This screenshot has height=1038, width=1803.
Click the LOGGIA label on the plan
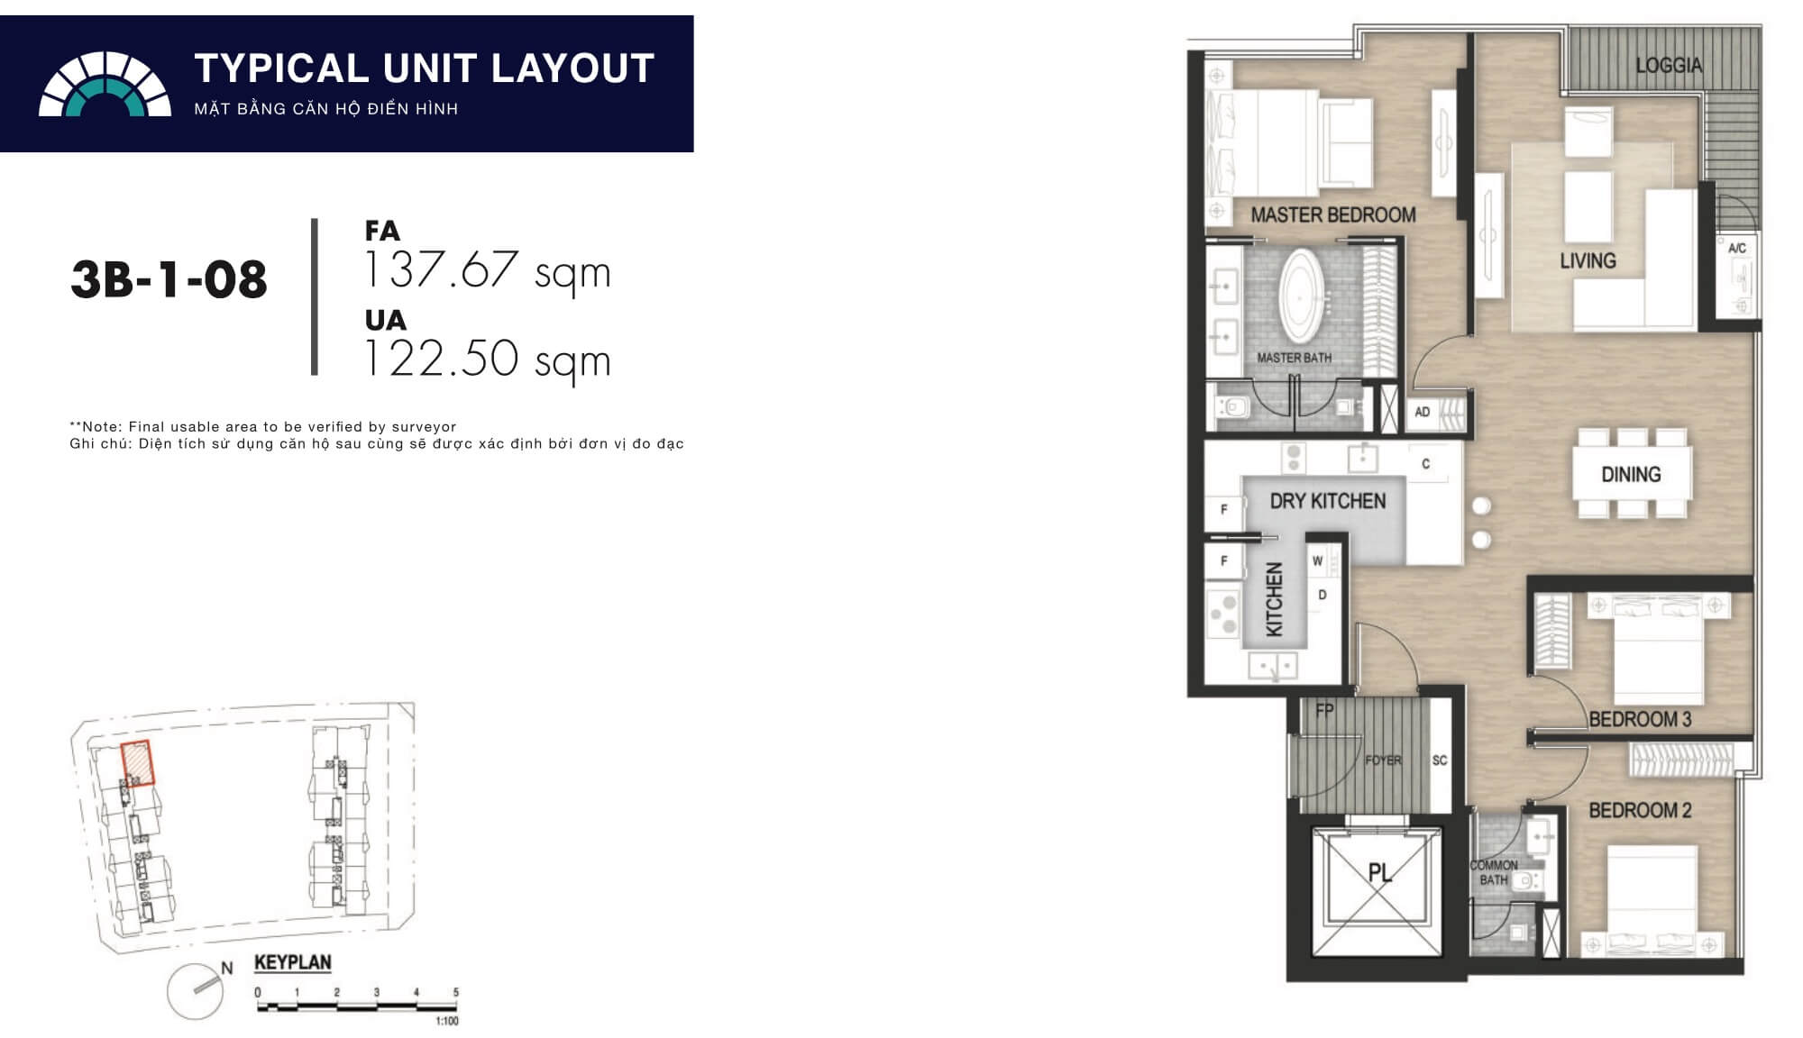tap(1668, 65)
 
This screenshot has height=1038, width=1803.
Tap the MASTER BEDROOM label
tap(1332, 214)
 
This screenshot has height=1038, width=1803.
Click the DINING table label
tap(1630, 474)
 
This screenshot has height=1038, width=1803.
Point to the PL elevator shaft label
tap(1379, 872)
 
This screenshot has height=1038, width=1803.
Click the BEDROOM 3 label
tap(1639, 719)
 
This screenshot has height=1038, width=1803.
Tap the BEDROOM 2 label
tap(1639, 810)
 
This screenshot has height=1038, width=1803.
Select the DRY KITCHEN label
tap(1327, 501)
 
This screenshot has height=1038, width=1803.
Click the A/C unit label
tap(1736, 248)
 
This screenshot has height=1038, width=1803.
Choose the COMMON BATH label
tap(1493, 872)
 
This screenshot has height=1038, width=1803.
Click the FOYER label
tap(1382, 760)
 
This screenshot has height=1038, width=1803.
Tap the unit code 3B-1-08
tap(169, 279)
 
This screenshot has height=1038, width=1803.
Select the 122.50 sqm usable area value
tap(487, 359)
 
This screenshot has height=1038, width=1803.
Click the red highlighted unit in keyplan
tap(137, 763)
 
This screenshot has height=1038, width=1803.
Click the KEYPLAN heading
tap(292, 962)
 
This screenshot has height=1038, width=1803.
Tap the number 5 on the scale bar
tap(455, 992)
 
